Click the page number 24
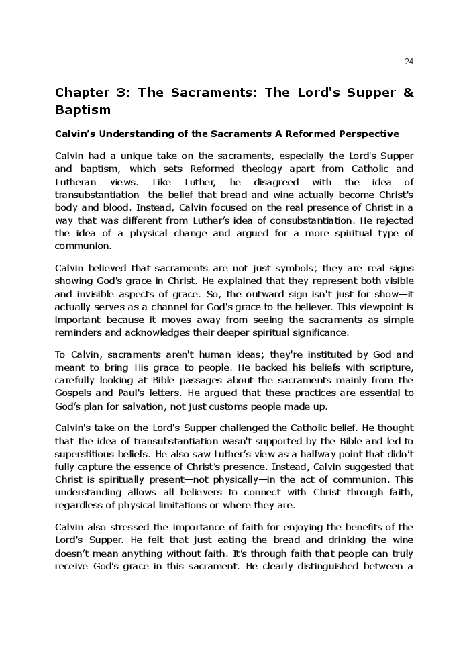tap(409, 62)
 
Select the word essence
tap(178, 467)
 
